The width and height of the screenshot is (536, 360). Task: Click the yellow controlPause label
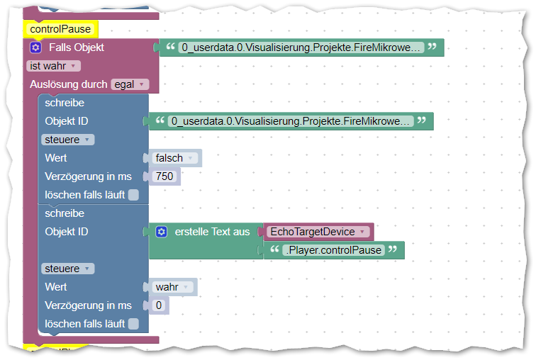point(60,29)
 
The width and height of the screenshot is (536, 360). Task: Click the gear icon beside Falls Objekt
point(35,47)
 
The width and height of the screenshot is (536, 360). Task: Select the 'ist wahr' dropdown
point(53,66)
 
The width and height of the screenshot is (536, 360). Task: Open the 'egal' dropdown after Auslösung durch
point(129,84)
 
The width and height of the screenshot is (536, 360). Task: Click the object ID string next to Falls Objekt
point(302,47)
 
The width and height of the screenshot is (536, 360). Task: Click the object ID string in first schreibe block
point(291,121)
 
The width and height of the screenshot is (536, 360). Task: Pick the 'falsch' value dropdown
point(172,158)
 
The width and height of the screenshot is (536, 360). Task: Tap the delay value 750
point(164,176)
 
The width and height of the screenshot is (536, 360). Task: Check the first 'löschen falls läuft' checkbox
point(133,195)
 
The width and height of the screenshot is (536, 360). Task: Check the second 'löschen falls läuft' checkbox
point(133,324)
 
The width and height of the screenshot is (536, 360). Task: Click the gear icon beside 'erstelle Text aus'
point(161,232)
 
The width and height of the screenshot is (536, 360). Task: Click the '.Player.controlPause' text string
point(333,250)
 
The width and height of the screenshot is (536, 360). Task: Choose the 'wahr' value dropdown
point(171,287)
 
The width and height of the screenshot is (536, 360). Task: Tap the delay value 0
point(158,305)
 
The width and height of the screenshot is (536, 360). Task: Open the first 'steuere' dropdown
point(67,140)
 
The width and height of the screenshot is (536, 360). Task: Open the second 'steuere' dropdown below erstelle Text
point(67,269)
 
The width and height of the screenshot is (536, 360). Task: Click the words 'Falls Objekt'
point(77,47)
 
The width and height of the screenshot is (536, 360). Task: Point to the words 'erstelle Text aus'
point(212,232)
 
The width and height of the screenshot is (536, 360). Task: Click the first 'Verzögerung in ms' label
point(88,176)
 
